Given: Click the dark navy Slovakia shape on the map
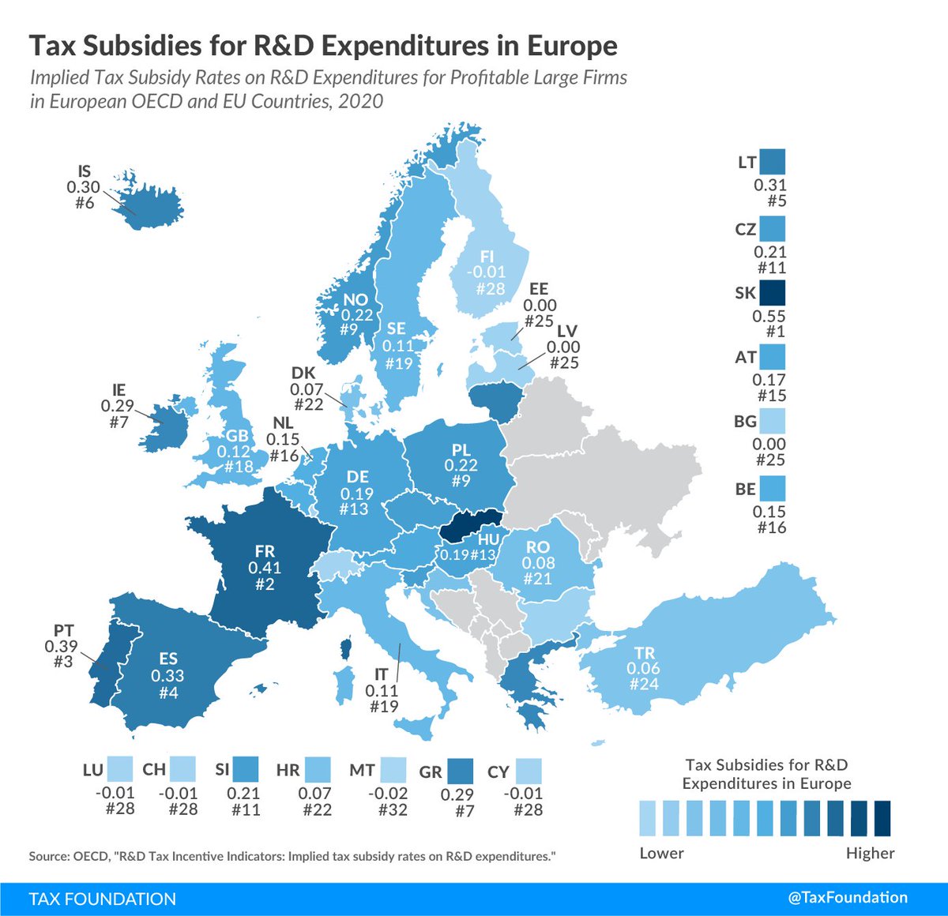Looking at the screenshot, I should (x=470, y=524).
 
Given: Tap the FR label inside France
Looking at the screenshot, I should (x=265, y=552).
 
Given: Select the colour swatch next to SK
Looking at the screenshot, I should (x=772, y=292).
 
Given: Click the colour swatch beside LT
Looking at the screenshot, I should (x=772, y=163).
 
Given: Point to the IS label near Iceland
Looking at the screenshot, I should (x=85, y=171).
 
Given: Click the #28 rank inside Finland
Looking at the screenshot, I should (x=490, y=288).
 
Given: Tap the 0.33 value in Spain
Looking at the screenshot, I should (x=167, y=676).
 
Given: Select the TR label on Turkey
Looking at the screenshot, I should (x=644, y=653).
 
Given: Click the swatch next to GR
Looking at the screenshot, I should (x=460, y=771).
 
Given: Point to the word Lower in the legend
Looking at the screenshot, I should (x=661, y=854).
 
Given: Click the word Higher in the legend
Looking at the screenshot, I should (x=870, y=854).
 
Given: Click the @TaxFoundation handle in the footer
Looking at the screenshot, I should (x=848, y=898).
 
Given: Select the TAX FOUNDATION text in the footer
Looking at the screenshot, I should (x=102, y=899).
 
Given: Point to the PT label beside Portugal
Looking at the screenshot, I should (x=64, y=630).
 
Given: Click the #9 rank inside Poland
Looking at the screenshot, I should (x=461, y=481).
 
